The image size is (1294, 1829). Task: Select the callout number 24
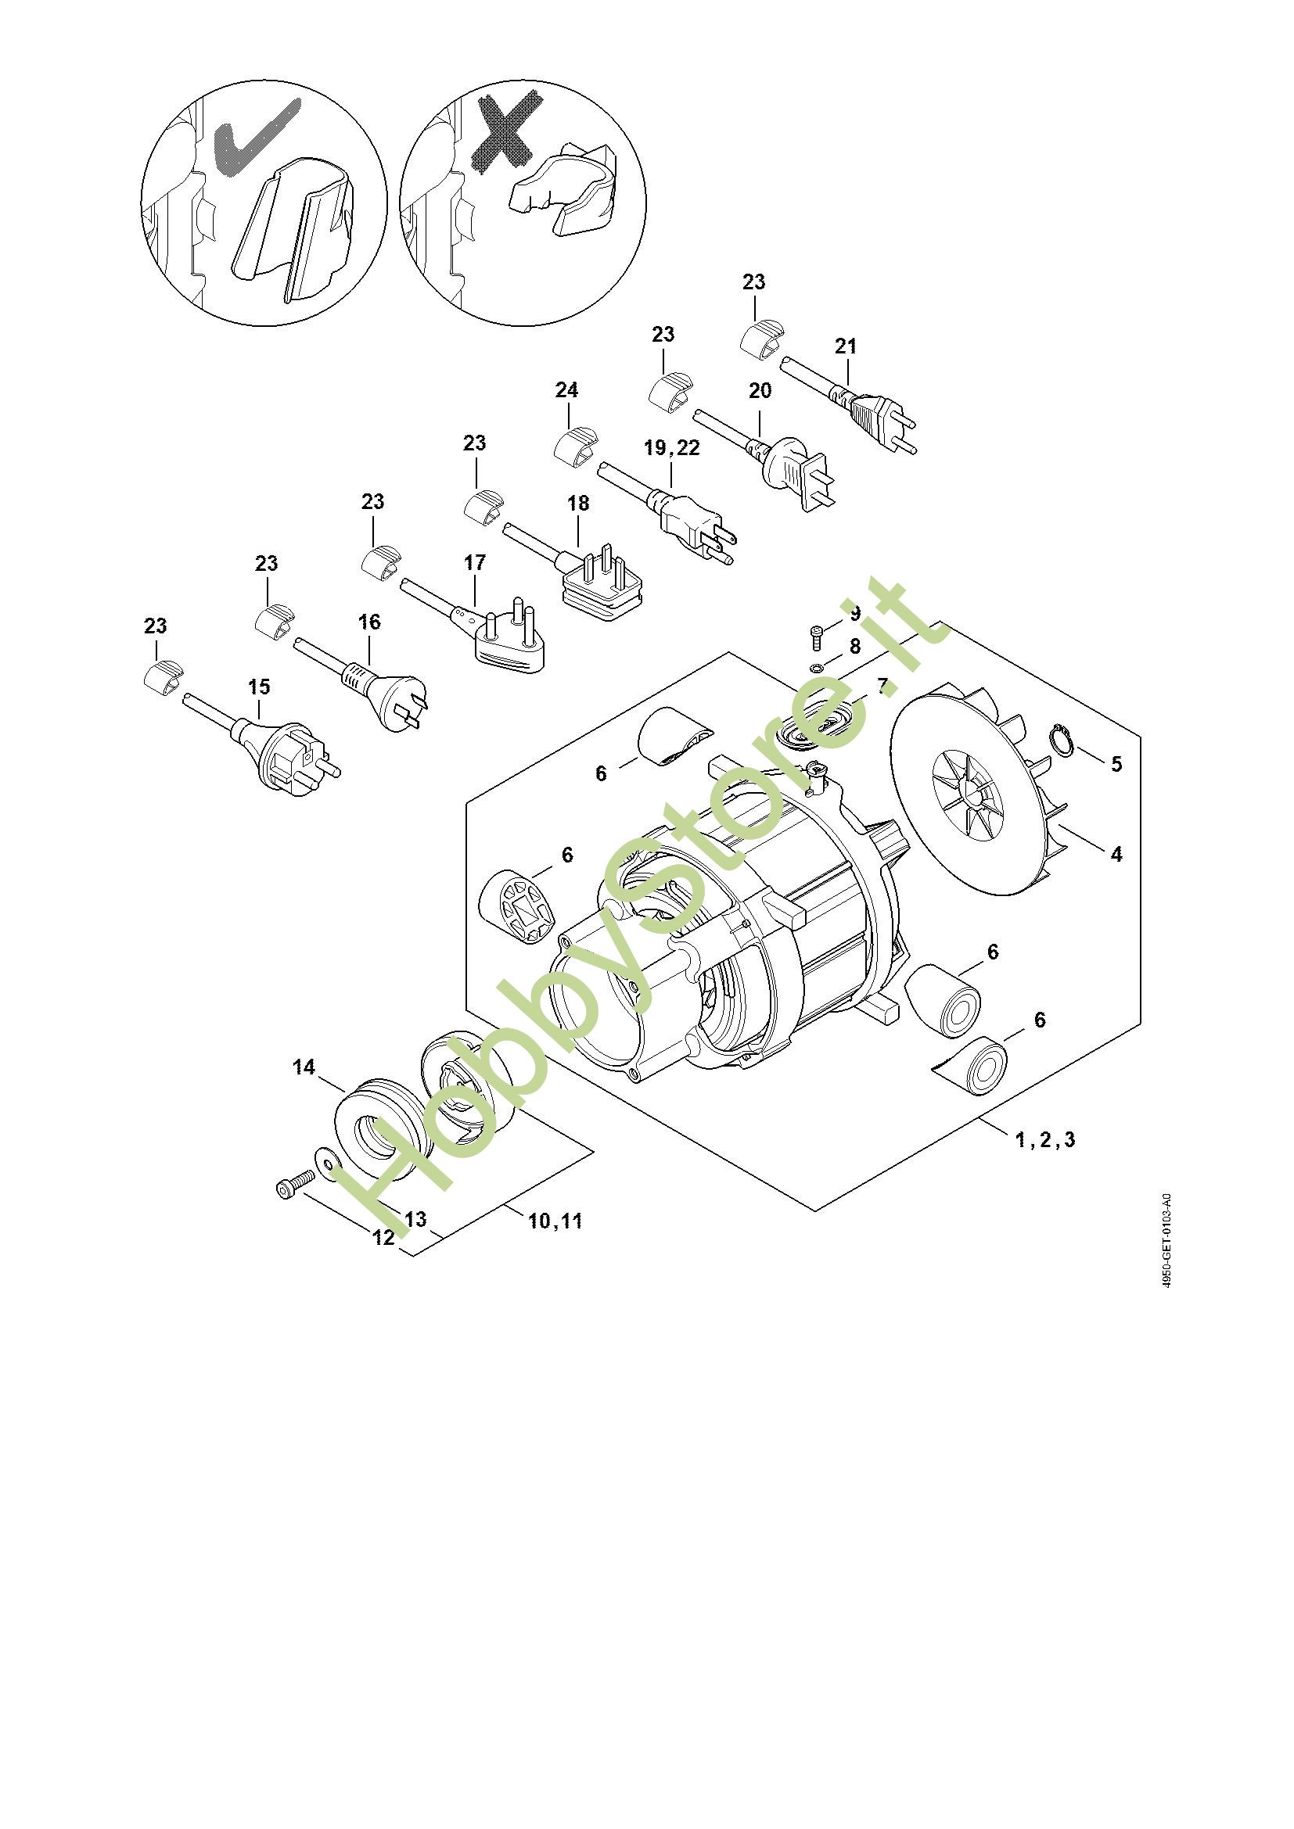coord(566,389)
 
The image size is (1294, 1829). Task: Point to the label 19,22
coord(672,448)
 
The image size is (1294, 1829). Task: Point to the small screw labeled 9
coord(815,636)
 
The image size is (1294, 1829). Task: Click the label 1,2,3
coord(1045,1140)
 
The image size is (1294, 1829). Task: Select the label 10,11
coord(555,1221)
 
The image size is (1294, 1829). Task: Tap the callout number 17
coord(474,562)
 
